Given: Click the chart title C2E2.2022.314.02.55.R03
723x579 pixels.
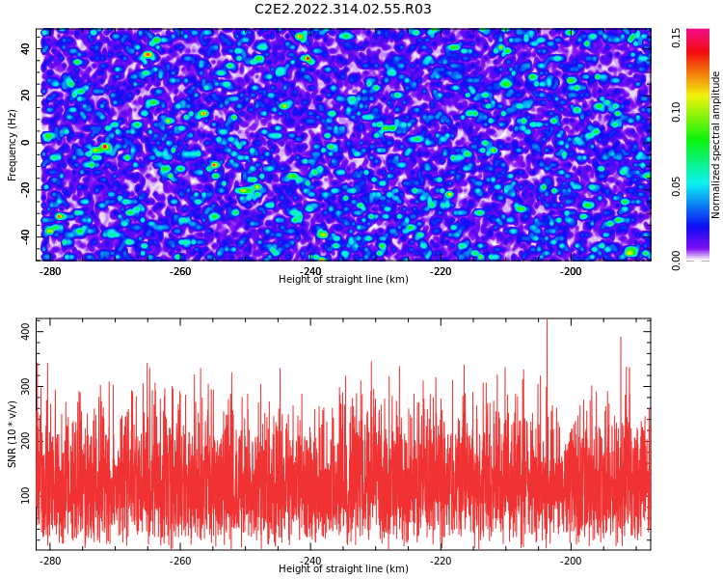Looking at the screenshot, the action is [x=342, y=9].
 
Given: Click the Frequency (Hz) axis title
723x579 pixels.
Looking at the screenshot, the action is [x=12, y=145].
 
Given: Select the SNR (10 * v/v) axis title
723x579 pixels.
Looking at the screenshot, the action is [x=12, y=434].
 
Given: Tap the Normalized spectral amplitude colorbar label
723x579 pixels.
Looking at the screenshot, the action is [x=715, y=145].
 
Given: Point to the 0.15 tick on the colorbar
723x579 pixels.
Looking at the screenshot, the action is [x=676, y=38].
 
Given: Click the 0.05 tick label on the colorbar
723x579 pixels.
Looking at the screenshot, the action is [x=676, y=186].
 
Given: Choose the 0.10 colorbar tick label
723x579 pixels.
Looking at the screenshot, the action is [x=676, y=112].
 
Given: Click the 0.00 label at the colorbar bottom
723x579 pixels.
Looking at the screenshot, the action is [x=676, y=261].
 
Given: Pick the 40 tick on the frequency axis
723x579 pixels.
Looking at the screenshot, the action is [x=25, y=48].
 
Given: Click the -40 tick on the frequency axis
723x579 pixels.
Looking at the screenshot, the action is [x=25, y=237].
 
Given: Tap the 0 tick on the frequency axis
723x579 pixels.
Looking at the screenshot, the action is [x=25, y=143].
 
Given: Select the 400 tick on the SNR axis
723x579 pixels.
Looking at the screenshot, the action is [x=25, y=332].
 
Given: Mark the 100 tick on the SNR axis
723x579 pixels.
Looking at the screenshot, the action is [x=25, y=496].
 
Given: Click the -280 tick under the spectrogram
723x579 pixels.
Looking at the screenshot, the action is [x=50, y=271].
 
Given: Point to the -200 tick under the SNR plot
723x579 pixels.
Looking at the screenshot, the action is [x=571, y=560].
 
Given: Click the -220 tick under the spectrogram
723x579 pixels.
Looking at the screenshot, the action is [x=441, y=271].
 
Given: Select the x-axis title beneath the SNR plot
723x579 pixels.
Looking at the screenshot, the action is [x=343, y=568].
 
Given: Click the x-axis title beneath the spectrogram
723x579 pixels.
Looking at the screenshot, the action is [x=343, y=279].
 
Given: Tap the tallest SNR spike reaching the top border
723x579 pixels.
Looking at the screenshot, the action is [x=547, y=351].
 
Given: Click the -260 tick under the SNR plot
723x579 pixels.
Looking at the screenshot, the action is [x=180, y=560].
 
